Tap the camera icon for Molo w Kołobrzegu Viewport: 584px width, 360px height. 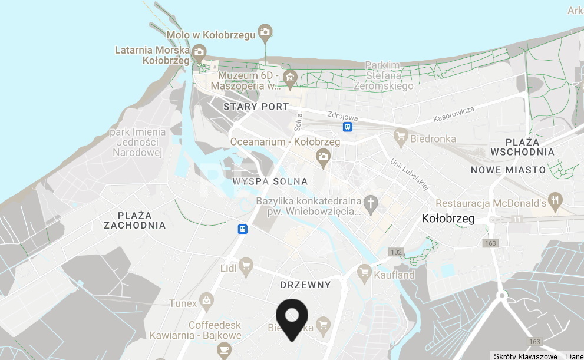[x=266, y=32]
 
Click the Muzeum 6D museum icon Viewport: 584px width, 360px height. [x=289, y=77]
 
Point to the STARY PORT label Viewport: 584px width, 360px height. [x=256, y=107]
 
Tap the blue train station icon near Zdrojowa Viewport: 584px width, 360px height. [x=348, y=126]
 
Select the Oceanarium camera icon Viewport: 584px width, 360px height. [x=322, y=156]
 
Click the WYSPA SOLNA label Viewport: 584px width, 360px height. [x=270, y=181]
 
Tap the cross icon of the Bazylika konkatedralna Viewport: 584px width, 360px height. [x=371, y=203]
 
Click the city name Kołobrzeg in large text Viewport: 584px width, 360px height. [x=448, y=219]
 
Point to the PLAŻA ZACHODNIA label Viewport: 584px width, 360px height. [x=134, y=220]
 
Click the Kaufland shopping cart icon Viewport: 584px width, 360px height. [x=364, y=272]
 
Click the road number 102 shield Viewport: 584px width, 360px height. [x=395, y=252]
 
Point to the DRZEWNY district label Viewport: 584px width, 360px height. [x=305, y=285]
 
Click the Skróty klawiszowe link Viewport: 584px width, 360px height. [x=525, y=356]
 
